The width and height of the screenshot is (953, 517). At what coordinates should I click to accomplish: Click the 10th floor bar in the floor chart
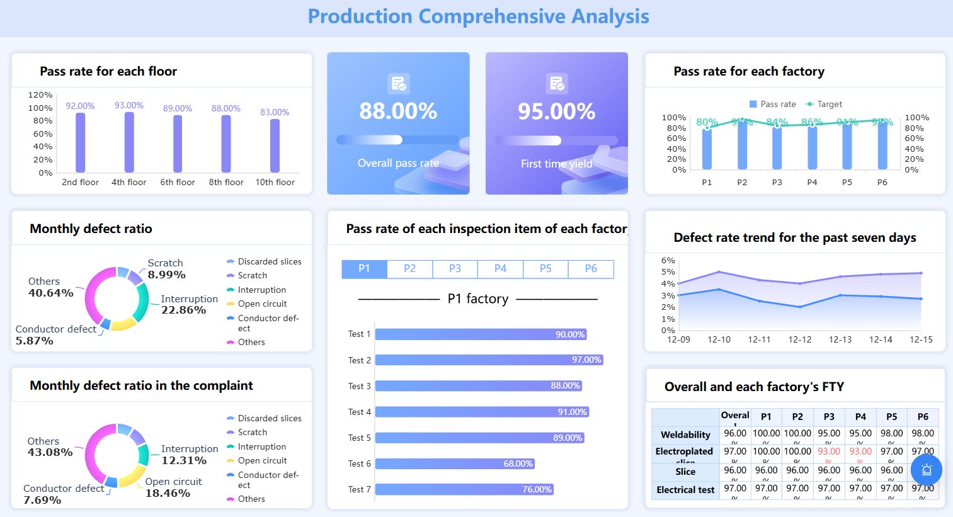pyautogui.click(x=275, y=145)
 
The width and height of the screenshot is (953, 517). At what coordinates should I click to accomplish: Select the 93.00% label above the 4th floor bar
pyautogui.click(x=129, y=105)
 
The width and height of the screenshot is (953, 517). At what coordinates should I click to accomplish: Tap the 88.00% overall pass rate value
pyautogui.click(x=398, y=111)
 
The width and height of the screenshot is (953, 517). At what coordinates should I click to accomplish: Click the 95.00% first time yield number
pyautogui.click(x=556, y=111)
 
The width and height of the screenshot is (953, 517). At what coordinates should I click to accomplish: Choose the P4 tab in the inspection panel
pyautogui.click(x=500, y=269)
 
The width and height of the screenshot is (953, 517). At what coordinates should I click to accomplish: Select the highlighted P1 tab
pyautogui.click(x=364, y=269)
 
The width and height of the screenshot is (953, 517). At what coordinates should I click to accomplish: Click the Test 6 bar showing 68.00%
pyautogui.click(x=455, y=463)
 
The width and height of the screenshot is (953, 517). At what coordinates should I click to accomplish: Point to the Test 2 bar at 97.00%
pyautogui.click(x=489, y=360)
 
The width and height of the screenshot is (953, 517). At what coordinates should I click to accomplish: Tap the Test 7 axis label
pyautogui.click(x=359, y=489)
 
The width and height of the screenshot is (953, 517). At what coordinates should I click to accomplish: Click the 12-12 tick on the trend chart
pyautogui.click(x=799, y=339)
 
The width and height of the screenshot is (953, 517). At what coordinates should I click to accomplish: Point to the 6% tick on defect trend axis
pyautogui.click(x=668, y=260)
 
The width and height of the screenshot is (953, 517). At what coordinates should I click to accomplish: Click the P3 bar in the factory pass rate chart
pyautogui.click(x=777, y=147)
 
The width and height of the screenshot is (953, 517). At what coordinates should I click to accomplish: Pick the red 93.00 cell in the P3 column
pyautogui.click(x=829, y=452)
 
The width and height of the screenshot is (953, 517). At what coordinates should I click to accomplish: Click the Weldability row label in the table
pyautogui.click(x=685, y=435)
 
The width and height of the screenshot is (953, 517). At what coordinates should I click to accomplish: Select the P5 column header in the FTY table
pyautogui.click(x=891, y=417)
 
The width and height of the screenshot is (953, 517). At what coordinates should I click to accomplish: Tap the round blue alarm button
pyautogui.click(x=926, y=470)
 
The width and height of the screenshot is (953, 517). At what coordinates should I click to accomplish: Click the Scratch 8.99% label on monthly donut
pyautogui.click(x=166, y=269)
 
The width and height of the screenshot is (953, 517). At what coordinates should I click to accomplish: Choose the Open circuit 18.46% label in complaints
pyautogui.click(x=173, y=487)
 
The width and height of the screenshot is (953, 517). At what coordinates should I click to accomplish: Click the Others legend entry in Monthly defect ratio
pyautogui.click(x=251, y=342)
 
